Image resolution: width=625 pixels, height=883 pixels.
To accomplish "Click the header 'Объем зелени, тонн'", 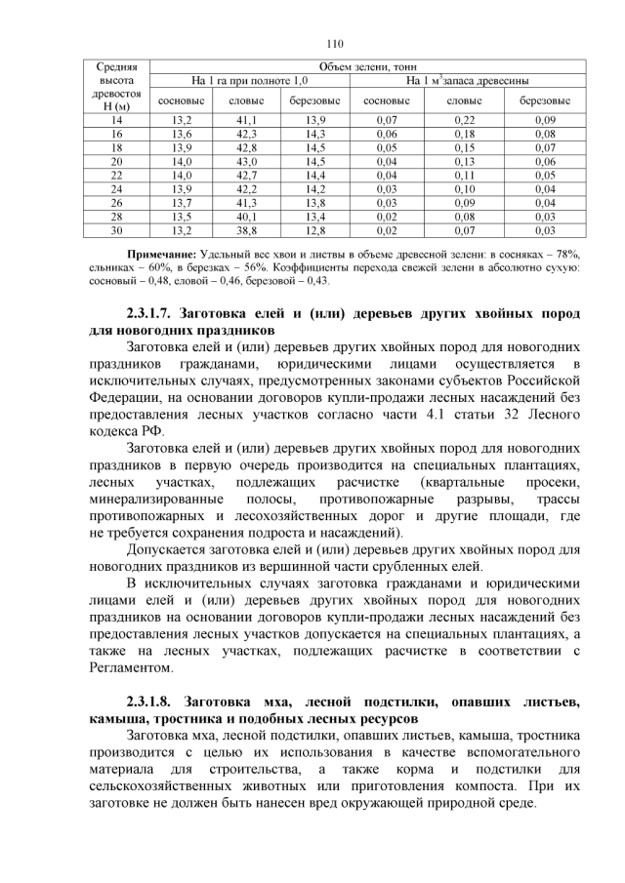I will tap(358, 65).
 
